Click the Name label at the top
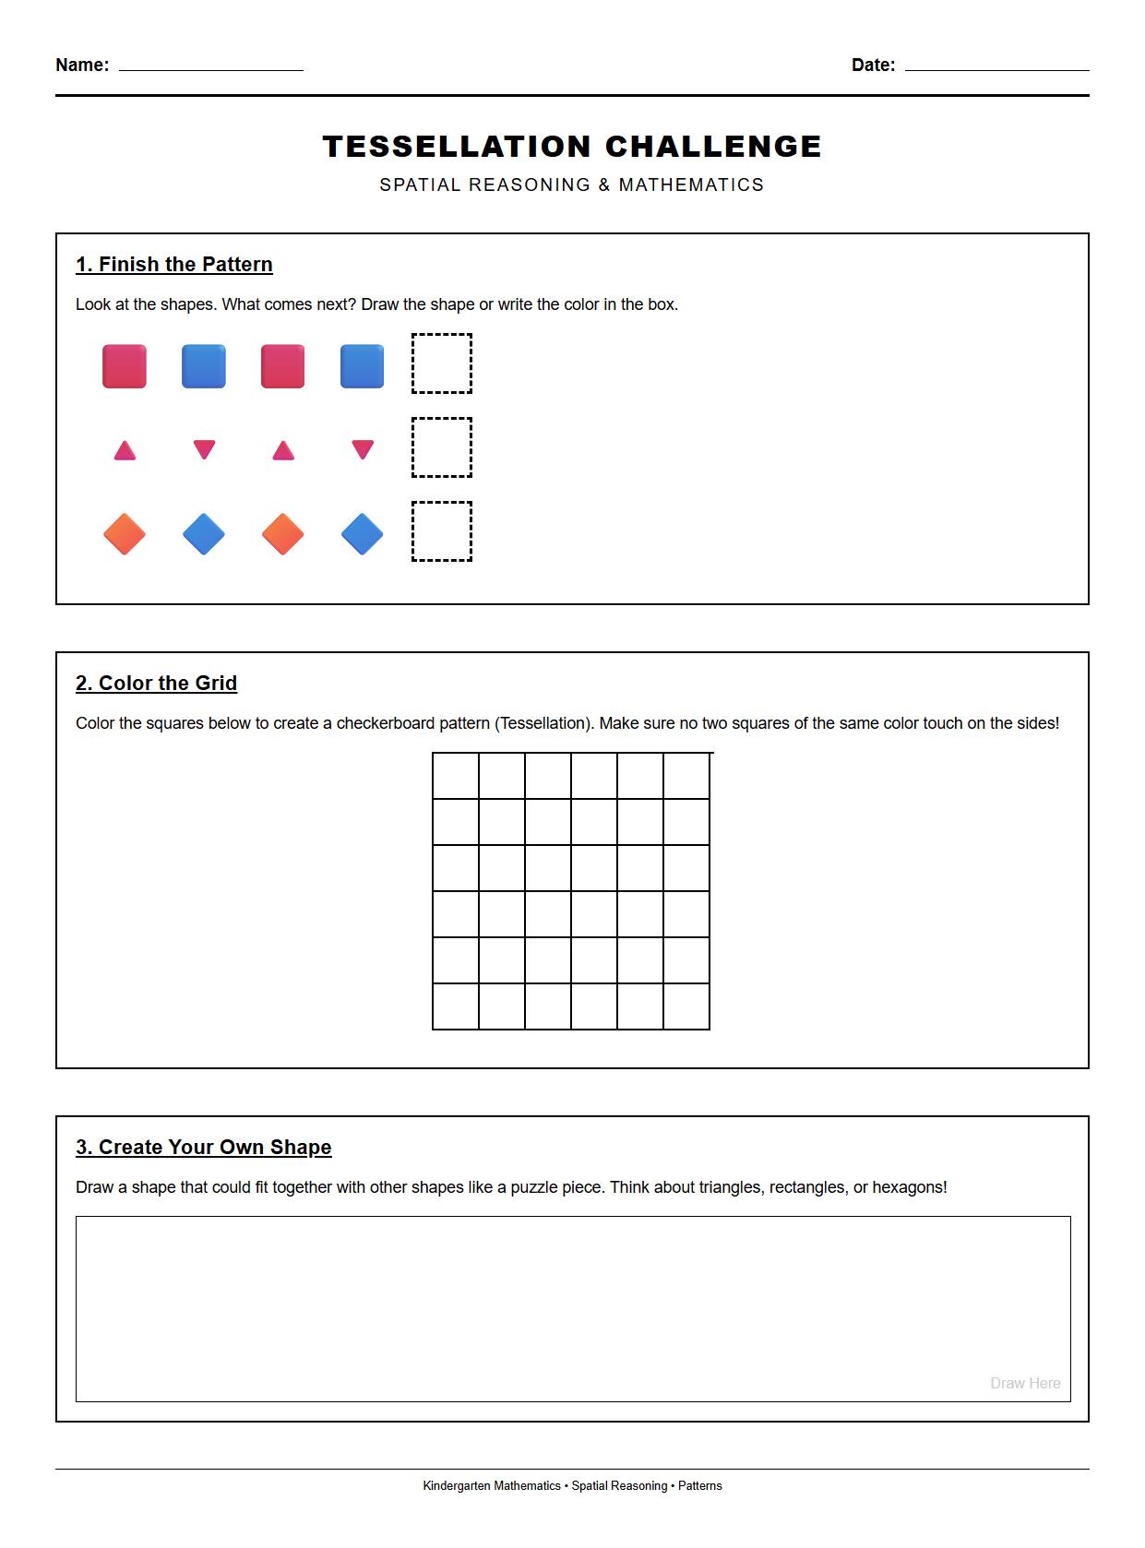[x=81, y=65]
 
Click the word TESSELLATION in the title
[x=457, y=147]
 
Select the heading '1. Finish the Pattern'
[x=174, y=265]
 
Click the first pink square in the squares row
[x=125, y=366]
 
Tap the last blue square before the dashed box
[x=362, y=366]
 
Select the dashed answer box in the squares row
[x=442, y=364]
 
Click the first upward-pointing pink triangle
[x=125, y=451]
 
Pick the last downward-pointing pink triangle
[x=363, y=449]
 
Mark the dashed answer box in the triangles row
[x=442, y=447]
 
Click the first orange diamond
[x=125, y=534]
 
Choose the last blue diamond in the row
[x=362, y=534]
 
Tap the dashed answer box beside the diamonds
[x=442, y=531]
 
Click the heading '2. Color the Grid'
[x=156, y=684]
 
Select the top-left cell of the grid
[x=456, y=776]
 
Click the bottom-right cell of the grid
[x=686, y=1006]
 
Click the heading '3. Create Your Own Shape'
[x=204, y=1148]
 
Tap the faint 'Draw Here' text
[x=1025, y=1383]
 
